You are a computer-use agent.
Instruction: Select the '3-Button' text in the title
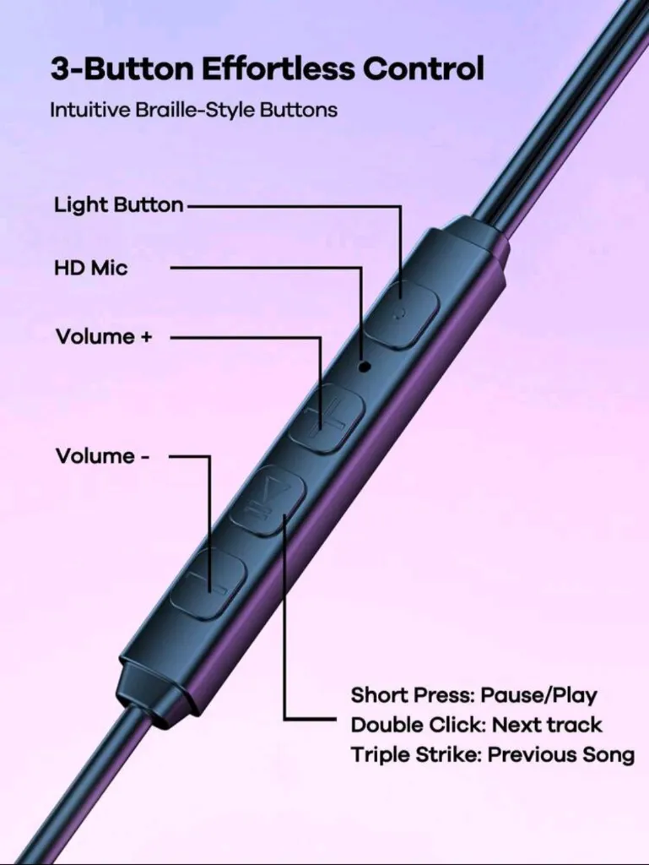click(122, 69)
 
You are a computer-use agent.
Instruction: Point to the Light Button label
click(118, 204)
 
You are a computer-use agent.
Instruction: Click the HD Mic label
click(90, 268)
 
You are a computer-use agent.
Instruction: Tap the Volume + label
click(104, 336)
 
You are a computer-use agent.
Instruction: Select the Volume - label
click(102, 456)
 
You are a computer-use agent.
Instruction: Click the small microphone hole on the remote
click(364, 365)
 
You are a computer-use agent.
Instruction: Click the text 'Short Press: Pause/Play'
click(473, 695)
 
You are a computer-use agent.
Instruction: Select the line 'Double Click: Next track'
click(477, 725)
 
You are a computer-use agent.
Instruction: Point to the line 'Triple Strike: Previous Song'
click(493, 754)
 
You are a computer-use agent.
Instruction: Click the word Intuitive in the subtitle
click(90, 110)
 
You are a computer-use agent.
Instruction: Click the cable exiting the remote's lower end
click(83, 783)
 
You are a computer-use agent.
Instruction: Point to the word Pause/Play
click(538, 695)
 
